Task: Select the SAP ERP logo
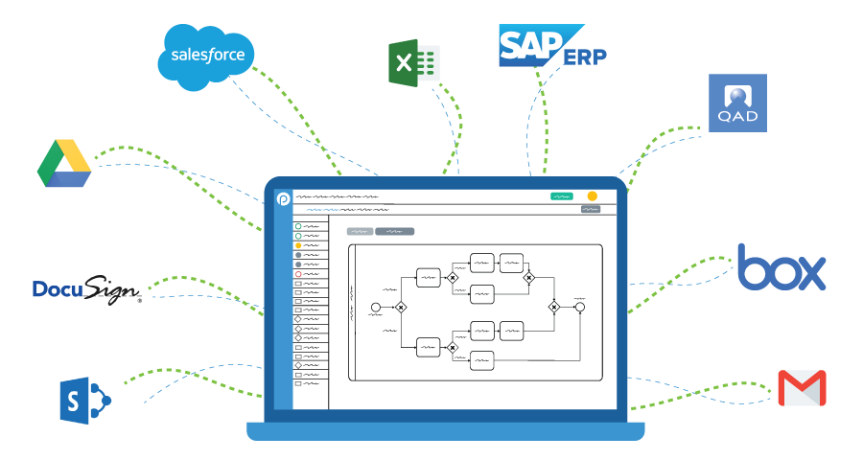pos(550,46)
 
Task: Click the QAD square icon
pos(737,103)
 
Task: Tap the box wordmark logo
pos(781,267)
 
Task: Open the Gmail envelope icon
pos(802,388)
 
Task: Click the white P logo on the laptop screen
pos(283,198)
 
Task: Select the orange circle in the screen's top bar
pos(592,195)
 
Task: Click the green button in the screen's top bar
pos(561,195)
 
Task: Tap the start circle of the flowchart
pos(375,308)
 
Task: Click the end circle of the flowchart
pos(579,308)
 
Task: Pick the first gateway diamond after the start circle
pos(401,308)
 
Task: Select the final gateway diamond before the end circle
pos(553,308)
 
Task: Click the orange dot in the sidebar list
pos(298,246)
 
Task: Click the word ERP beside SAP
pos(585,57)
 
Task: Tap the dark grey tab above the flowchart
pos(395,231)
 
